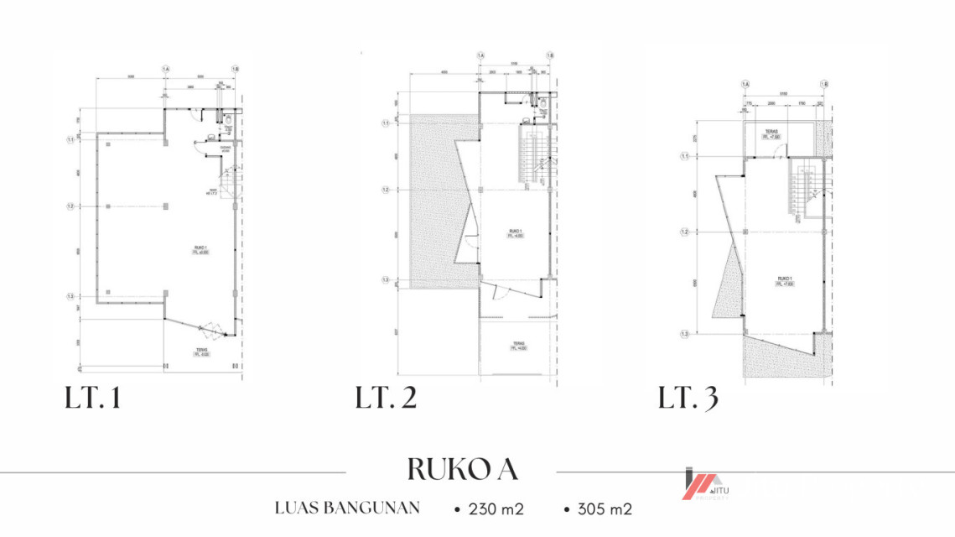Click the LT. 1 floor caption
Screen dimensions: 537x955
click(93, 399)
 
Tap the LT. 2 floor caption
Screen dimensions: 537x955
click(386, 399)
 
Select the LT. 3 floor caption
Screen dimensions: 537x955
click(688, 399)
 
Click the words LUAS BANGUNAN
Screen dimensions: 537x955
click(347, 508)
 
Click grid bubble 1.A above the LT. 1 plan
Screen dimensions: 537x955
click(165, 68)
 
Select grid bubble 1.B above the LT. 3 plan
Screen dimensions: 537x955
click(824, 84)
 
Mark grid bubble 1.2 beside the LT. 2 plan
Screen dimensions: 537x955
click(386, 190)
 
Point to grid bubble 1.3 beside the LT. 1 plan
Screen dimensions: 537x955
click(71, 296)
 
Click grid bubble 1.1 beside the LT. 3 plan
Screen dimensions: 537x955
click(684, 156)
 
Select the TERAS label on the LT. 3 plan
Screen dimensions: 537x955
click(771, 133)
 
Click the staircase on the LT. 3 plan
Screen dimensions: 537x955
click(804, 189)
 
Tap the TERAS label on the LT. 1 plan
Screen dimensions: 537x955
click(201, 352)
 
